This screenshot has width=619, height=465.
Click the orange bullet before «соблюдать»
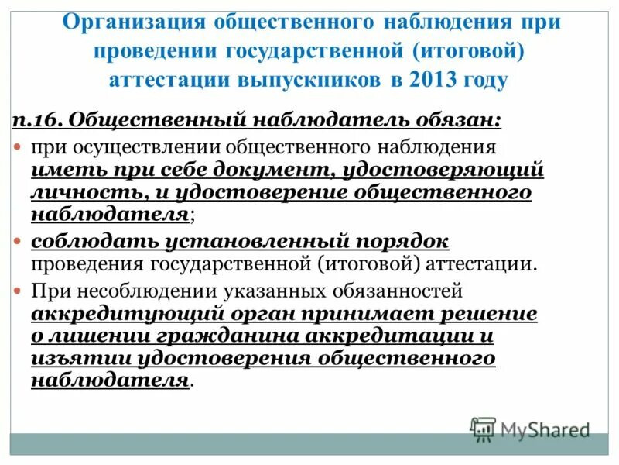[x=19, y=241]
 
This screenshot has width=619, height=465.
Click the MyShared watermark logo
[x=530, y=429]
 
